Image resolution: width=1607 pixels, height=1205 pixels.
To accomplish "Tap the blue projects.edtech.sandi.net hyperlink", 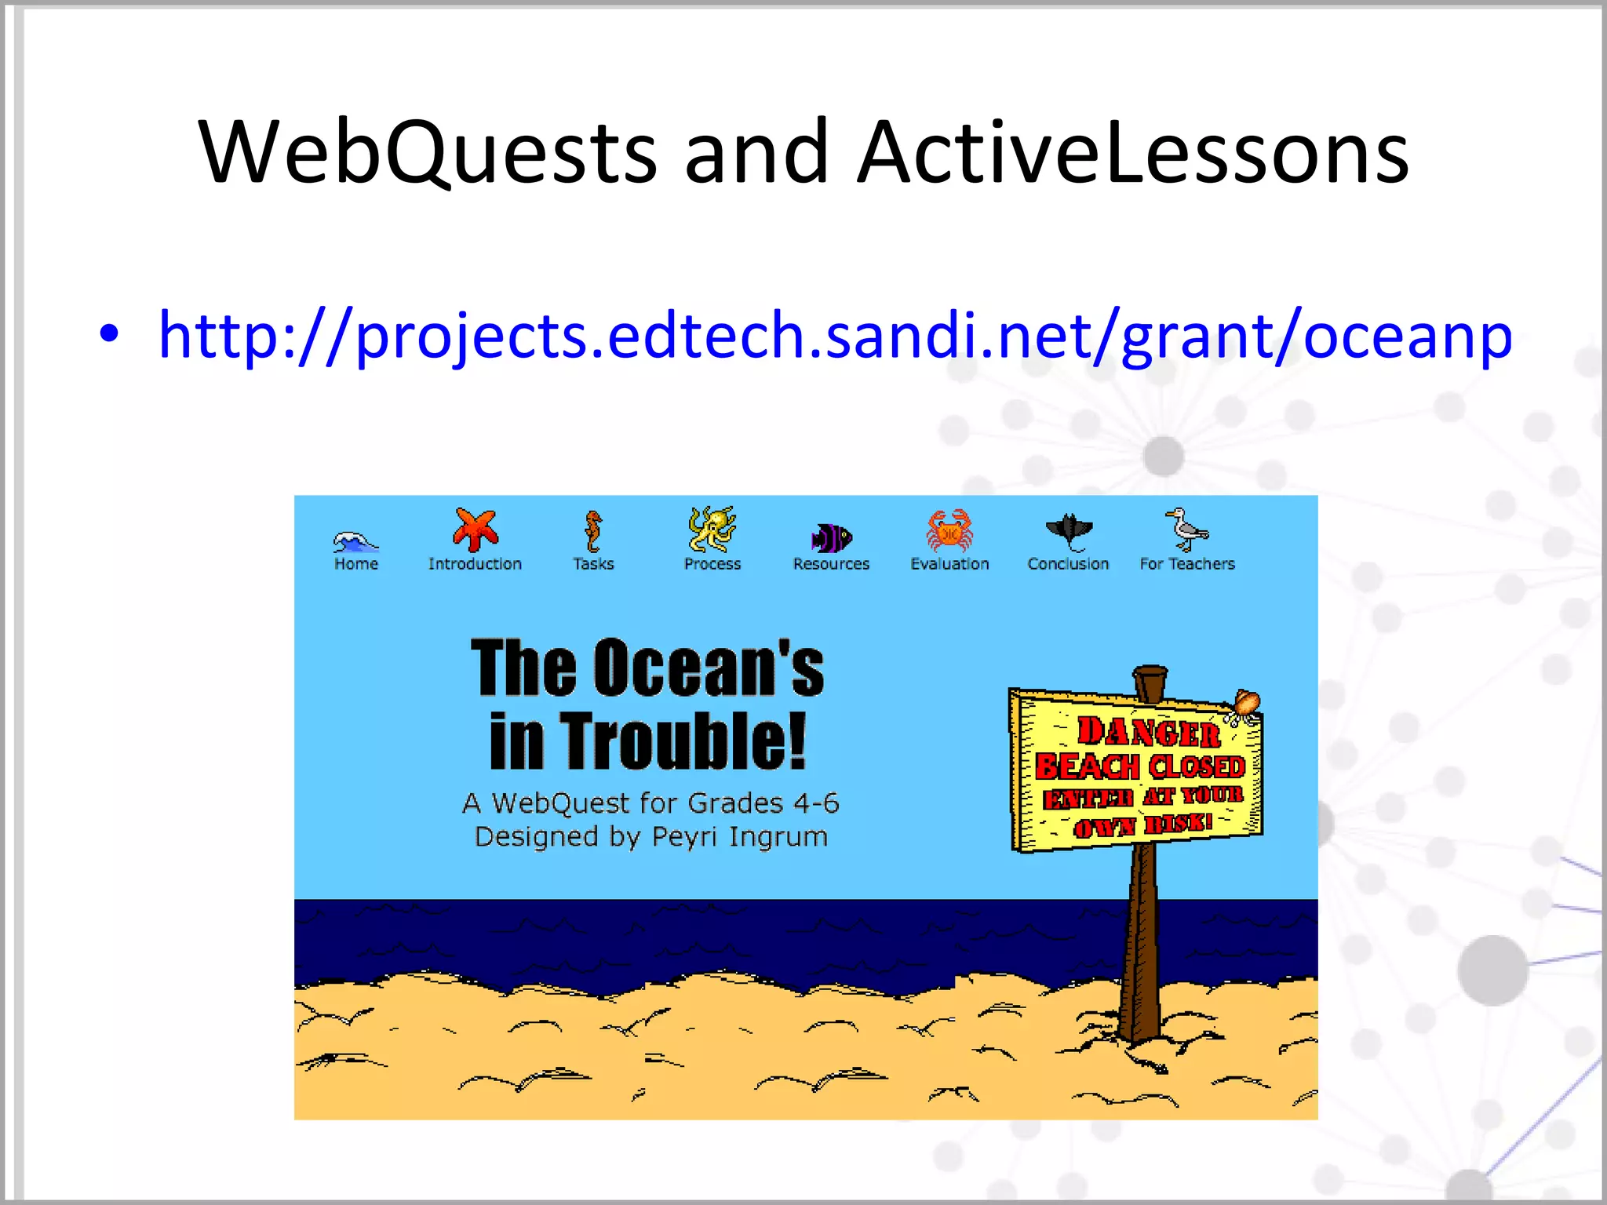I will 835,335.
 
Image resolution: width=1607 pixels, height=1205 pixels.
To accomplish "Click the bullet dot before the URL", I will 109,334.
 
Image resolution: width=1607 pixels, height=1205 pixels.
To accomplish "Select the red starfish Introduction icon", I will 476,530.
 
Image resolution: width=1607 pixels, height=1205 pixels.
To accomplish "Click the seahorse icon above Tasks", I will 593,531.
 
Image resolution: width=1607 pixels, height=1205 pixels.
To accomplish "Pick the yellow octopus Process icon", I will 712,529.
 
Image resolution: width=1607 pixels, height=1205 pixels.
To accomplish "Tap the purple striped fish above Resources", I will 831,538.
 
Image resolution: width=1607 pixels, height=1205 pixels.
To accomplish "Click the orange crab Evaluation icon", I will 949,530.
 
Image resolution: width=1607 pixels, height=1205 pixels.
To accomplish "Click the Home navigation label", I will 356,564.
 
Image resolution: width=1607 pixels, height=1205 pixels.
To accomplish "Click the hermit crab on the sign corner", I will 1245,704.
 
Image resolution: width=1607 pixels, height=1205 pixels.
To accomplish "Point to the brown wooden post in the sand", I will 1139,949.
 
